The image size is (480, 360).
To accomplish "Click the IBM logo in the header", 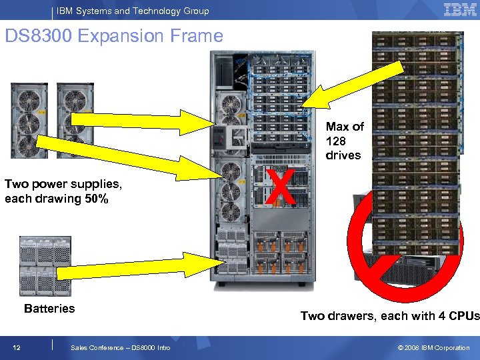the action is (x=460, y=10).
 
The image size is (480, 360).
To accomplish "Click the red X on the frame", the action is (x=282, y=186).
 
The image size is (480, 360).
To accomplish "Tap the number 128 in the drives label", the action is (x=337, y=141).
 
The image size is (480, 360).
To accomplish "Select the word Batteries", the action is (x=49, y=308).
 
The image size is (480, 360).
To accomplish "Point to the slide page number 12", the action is (x=17, y=347).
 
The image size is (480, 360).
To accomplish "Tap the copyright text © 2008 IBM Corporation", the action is (x=433, y=347).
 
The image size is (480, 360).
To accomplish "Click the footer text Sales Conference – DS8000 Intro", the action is (x=120, y=347).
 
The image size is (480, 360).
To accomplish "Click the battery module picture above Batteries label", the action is (x=45, y=265).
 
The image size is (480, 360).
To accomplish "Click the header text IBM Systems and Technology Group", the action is (x=133, y=11).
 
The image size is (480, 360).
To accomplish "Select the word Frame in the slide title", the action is (x=198, y=35).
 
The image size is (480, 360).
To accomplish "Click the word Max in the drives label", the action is (x=337, y=127).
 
